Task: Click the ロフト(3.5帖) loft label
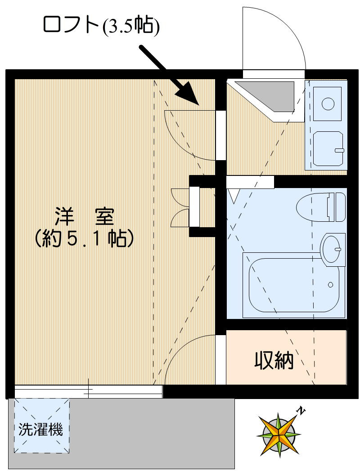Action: [101, 26]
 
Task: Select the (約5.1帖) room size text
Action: [85, 238]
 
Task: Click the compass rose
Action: [279, 435]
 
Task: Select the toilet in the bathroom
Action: [321, 207]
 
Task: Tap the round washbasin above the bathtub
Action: [333, 247]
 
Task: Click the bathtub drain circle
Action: [331, 285]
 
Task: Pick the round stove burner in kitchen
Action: [327, 104]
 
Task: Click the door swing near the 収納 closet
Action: [189, 360]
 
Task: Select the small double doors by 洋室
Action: [180, 207]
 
